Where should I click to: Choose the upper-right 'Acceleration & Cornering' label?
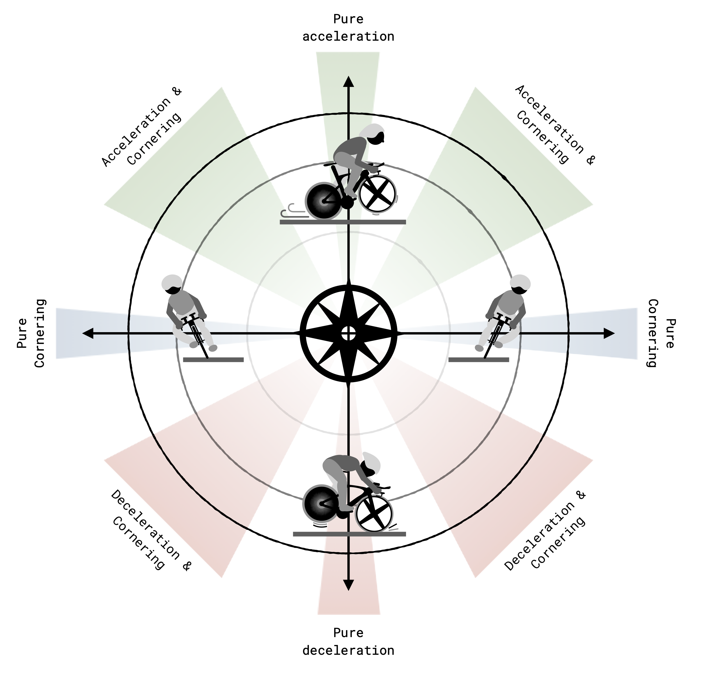(555, 126)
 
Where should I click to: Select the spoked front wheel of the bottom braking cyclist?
(374, 514)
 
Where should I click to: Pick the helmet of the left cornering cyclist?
(172, 282)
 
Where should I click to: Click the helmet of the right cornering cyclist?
(520, 282)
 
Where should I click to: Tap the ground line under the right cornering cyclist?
(479, 359)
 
